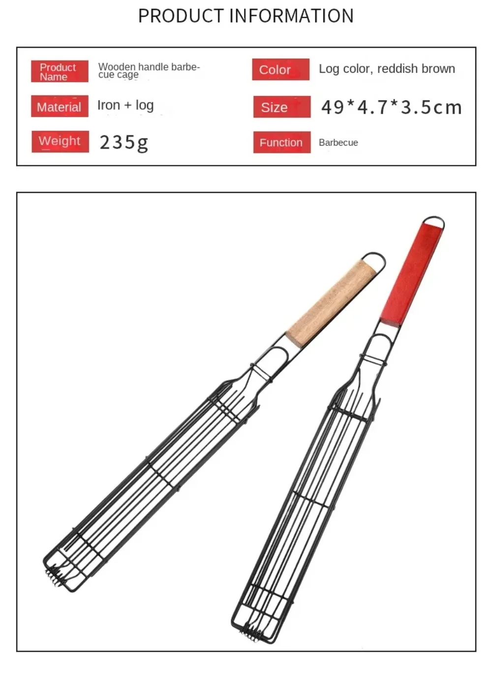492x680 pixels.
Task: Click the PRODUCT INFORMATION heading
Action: (246, 16)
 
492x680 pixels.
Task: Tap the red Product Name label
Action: (60, 71)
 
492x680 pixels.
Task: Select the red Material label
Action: (60, 106)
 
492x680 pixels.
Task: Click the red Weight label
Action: (60, 141)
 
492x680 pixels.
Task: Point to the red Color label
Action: (280, 69)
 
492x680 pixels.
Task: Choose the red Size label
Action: (281, 107)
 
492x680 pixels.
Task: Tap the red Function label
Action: (281, 142)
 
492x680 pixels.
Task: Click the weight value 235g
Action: (123, 142)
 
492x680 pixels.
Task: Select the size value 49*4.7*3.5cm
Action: (391, 107)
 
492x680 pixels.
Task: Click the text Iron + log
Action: (125, 105)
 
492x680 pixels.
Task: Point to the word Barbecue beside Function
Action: (338, 143)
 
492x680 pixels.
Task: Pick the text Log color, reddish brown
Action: (387, 69)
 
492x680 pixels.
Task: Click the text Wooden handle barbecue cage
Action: (149, 70)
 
